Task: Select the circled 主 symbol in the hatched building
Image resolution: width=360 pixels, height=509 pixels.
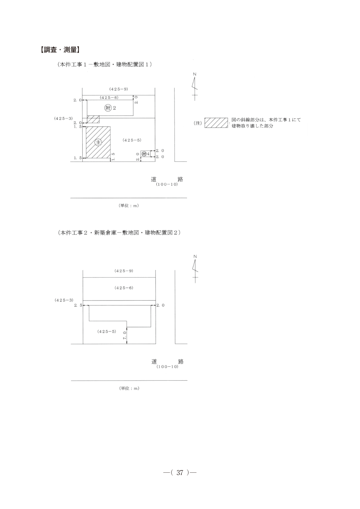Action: pyautogui.click(x=98, y=142)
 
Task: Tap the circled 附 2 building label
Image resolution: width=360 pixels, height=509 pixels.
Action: pyautogui.click(x=110, y=108)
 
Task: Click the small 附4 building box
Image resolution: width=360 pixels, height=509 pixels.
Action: pyautogui.click(x=145, y=154)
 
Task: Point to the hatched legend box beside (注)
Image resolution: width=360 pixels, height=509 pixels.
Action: pyautogui.click(x=216, y=123)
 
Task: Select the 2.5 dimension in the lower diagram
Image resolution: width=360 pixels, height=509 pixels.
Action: pyautogui.click(x=78, y=305)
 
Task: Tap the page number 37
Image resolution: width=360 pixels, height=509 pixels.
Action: pyautogui.click(x=180, y=472)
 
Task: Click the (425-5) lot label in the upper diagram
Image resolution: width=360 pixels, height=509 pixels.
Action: pyautogui.click(x=132, y=140)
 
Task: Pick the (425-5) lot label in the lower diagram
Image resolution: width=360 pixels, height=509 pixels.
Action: pyautogui.click(x=107, y=331)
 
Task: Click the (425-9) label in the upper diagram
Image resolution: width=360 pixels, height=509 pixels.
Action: pyautogui.click(x=119, y=89)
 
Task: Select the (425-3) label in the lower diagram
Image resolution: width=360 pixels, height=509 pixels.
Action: pyautogui.click(x=64, y=300)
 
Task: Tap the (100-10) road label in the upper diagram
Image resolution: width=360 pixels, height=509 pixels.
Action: pyautogui.click(x=167, y=184)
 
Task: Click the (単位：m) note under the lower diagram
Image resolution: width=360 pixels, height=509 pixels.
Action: pyautogui.click(x=129, y=388)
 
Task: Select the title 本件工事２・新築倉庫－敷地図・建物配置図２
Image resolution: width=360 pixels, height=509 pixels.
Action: pyautogui.click(x=119, y=233)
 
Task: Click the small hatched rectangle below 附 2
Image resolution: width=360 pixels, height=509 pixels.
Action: pyautogui.click(x=93, y=119)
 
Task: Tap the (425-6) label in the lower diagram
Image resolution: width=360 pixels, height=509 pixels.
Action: pyautogui.click(x=124, y=288)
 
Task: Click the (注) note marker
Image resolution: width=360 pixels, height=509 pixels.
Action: pyautogui.click(x=198, y=123)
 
